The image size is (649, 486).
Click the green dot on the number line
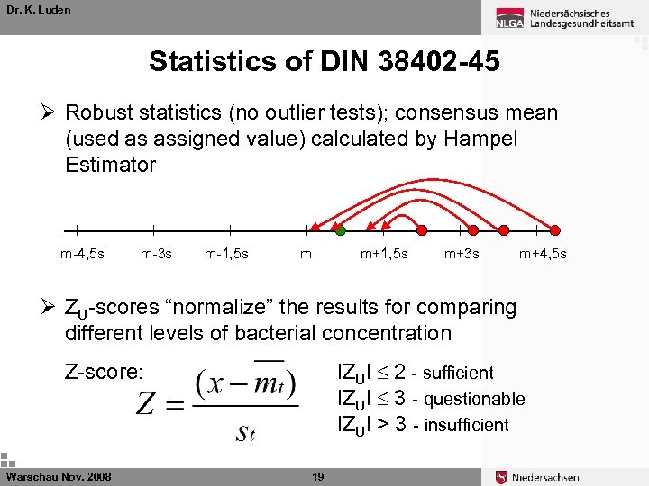tap(340, 231)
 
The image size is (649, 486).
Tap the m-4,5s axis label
tap(82, 254)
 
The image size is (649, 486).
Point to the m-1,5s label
tap(227, 254)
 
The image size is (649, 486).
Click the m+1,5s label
tap(384, 254)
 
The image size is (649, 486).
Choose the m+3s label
tap(462, 254)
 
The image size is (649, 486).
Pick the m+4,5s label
tap(543, 254)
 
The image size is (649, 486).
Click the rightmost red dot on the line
tap(554, 229)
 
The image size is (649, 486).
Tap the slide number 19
tap(317, 476)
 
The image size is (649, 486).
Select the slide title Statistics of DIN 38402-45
tap(324, 61)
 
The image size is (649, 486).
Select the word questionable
tap(474, 399)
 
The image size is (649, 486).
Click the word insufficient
tap(467, 425)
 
